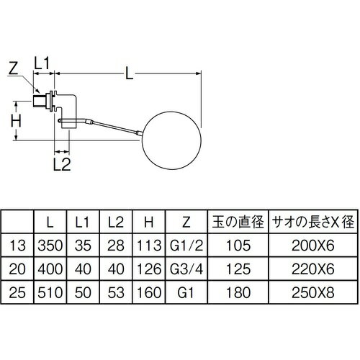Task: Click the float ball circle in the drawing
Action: [x=142, y=141]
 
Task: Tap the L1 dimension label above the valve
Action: [x=41, y=63]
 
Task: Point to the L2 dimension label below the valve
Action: [x=62, y=164]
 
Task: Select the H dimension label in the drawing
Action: [x=16, y=121]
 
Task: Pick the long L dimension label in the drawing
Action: [x=130, y=73]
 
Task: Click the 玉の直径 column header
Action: [x=238, y=222]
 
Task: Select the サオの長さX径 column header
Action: [x=313, y=222]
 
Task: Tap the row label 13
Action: [x=17, y=246]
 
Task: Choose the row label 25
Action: [x=17, y=292]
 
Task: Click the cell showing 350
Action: [x=50, y=246]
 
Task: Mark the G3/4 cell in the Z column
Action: [x=186, y=269]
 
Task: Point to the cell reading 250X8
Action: [x=313, y=292]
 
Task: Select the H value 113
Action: [x=149, y=246]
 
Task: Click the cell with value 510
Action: [x=50, y=292]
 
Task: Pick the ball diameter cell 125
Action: [x=238, y=269]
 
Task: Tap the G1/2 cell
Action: [x=186, y=246]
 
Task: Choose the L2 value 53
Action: [x=116, y=292]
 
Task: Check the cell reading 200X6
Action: [x=313, y=246]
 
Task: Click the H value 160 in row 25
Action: [x=149, y=292]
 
